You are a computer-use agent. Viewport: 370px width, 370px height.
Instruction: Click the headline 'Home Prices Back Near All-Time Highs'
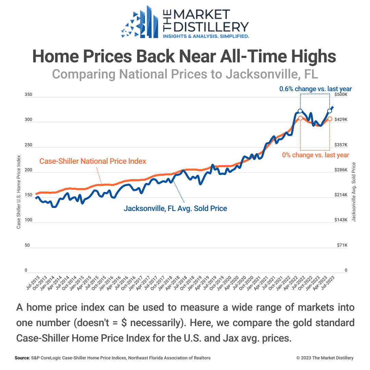coord(184,56)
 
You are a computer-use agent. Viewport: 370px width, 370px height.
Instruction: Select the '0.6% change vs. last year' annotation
coord(315,89)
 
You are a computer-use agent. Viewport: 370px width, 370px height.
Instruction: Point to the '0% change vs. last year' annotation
coord(316,155)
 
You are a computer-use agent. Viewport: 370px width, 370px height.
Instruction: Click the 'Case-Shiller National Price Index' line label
coord(93,161)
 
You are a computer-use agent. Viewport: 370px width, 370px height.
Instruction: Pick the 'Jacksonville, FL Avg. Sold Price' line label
coord(175,208)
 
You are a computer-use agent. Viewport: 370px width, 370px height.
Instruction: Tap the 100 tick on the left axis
coord(28,220)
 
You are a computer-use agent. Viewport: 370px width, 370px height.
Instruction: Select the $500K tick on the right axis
coord(341,95)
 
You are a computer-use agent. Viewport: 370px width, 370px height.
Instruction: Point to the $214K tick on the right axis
coord(341,195)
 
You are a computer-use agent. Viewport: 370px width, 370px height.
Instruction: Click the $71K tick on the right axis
coord(341,245)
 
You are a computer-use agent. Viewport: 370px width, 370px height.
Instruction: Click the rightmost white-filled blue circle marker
coord(330,111)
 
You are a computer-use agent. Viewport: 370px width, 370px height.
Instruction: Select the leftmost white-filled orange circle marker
coord(300,118)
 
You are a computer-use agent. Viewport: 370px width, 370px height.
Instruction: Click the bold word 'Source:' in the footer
coord(23,358)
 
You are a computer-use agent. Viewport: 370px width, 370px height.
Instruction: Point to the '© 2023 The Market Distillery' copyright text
coord(325,358)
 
